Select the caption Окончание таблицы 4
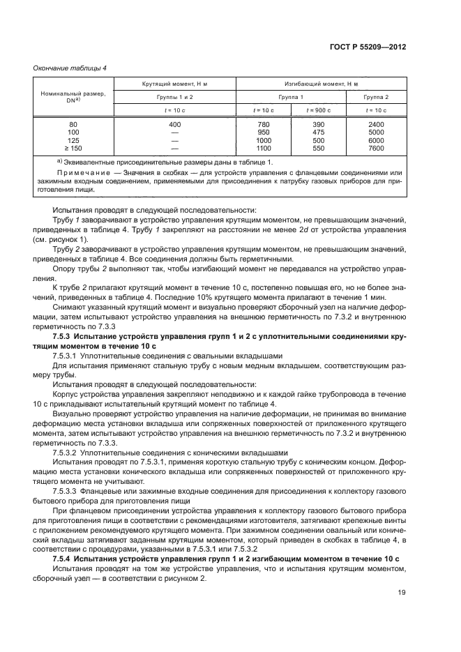point(70,67)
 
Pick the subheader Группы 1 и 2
point(174,97)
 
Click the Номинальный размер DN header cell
point(73,97)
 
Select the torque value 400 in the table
point(174,124)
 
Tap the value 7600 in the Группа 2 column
point(377,148)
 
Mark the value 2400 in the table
point(377,124)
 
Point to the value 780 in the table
point(263,124)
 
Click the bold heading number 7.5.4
point(64,560)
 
